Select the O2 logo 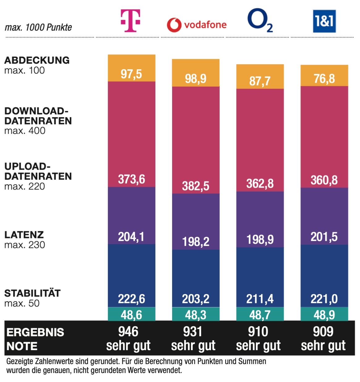coord(260,20)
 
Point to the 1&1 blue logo coord(324,21)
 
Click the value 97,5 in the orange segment coord(131,74)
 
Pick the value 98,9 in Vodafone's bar coord(196,79)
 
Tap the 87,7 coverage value coord(260,81)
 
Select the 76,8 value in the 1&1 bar coord(324,79)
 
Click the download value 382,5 coord(196,186)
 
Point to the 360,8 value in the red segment coord(324,180)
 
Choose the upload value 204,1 coord(131,237)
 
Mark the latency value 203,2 coord(196,299)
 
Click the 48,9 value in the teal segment coord(324,315)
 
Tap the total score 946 coord(129,332)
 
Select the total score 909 coord(323,332)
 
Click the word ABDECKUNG coord(37,60)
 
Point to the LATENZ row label coord(24,235)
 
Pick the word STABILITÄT coord(32,293)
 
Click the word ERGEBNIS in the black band coord(35,332)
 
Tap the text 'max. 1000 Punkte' coord(38,28)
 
